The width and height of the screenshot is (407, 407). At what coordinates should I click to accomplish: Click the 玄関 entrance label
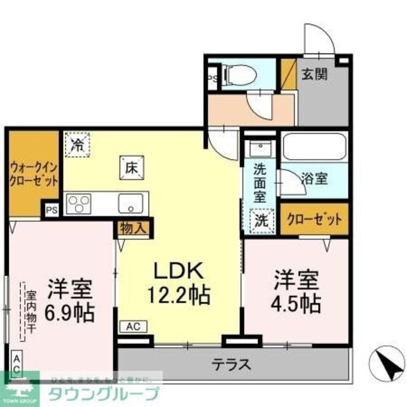click(x=314, y=74)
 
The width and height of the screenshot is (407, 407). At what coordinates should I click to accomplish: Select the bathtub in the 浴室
click(x=314, y=147)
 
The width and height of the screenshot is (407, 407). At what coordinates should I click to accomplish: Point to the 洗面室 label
click(x=260, y=182)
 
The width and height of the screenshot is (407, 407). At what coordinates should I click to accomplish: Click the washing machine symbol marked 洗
click(x=261, y=220)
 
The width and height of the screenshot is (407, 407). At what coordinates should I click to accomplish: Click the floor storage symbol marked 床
click(x=129, y=168)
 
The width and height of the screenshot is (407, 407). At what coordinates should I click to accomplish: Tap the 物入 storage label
click(x=134, y=227)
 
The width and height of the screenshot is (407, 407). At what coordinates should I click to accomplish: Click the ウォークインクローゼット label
click(x=34, y=174)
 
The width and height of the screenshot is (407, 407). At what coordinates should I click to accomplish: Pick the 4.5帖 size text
click(x=297, y=303)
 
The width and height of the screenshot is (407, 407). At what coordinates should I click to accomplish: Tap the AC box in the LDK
click(x=134, y=326)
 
